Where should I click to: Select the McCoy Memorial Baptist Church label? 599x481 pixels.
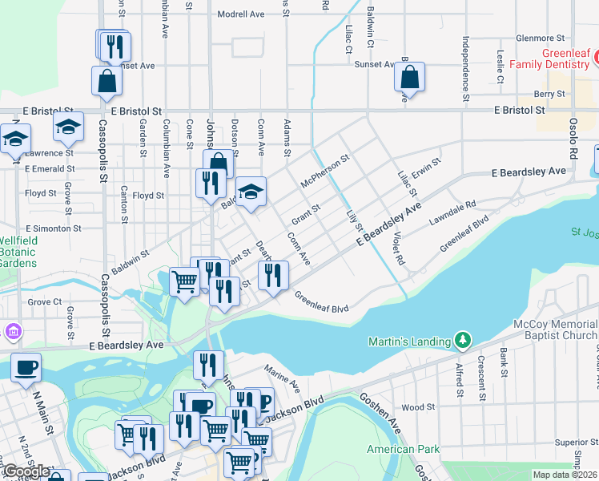point(555,330)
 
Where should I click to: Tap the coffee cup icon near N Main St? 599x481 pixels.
point(26,367)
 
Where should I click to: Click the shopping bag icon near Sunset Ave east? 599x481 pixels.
point(409,78)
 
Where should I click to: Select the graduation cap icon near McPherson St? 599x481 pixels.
point(251,192)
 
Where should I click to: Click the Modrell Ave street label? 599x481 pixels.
point(240,14)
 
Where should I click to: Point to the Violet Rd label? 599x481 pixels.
point(398,247)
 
